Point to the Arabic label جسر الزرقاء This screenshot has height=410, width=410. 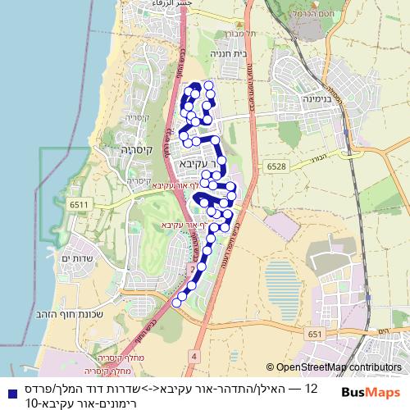pyautogui.click(x=182, y=5)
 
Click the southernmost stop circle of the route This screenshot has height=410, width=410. pyautogui.click(x=176, y=303)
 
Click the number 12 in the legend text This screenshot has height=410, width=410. pyautogui.click(x=312, y=387)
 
